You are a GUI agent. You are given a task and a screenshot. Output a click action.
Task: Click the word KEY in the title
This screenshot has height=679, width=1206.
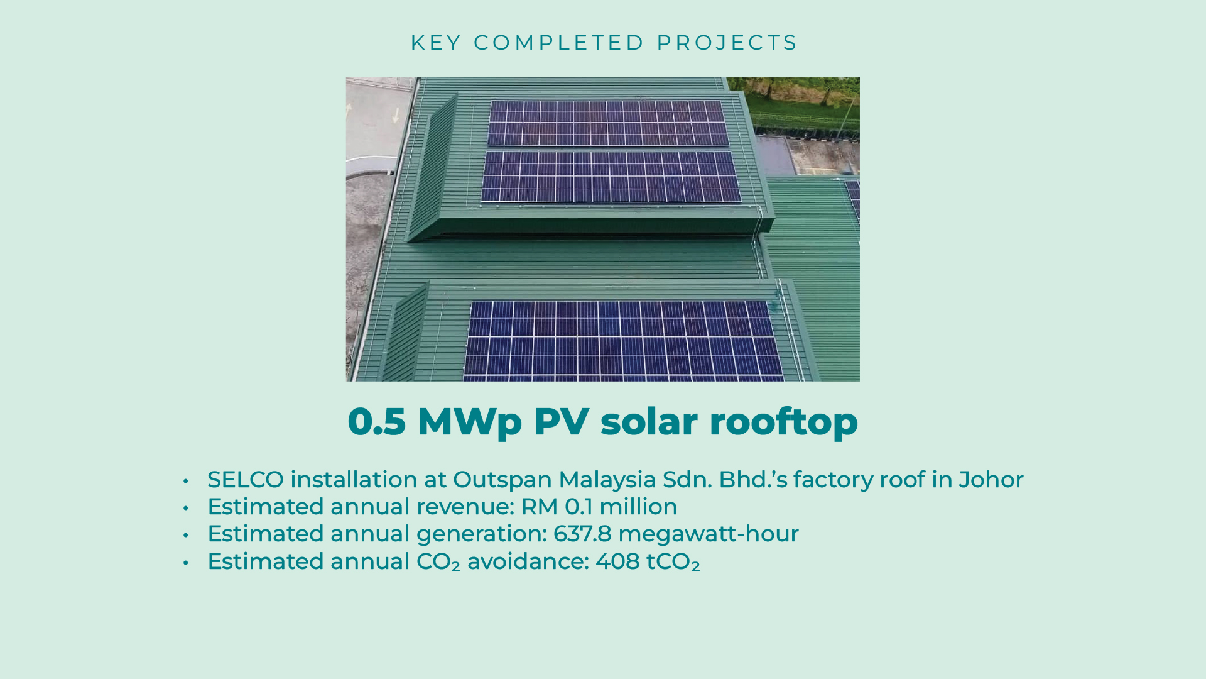436,43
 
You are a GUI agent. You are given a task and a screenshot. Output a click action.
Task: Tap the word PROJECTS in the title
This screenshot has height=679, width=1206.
727,43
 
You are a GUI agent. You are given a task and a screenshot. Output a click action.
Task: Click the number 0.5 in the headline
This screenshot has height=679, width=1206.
376,421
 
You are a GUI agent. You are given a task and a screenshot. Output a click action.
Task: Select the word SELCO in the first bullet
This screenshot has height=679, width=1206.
246,480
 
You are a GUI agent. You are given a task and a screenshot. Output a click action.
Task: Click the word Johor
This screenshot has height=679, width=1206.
991,480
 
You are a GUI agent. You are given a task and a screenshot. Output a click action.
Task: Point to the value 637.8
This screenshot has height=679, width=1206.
582,534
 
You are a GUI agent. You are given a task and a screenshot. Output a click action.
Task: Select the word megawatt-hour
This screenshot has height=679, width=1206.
709,534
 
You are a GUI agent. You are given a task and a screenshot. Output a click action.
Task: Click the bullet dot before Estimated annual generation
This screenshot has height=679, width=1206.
186,535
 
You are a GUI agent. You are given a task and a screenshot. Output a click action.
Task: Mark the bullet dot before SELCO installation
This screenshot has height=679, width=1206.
186,482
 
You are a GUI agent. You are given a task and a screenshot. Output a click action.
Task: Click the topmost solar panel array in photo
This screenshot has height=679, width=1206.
608,123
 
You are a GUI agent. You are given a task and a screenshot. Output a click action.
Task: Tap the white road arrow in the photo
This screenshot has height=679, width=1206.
396,115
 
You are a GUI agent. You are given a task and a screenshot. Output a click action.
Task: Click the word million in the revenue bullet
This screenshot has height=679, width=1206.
638,507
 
